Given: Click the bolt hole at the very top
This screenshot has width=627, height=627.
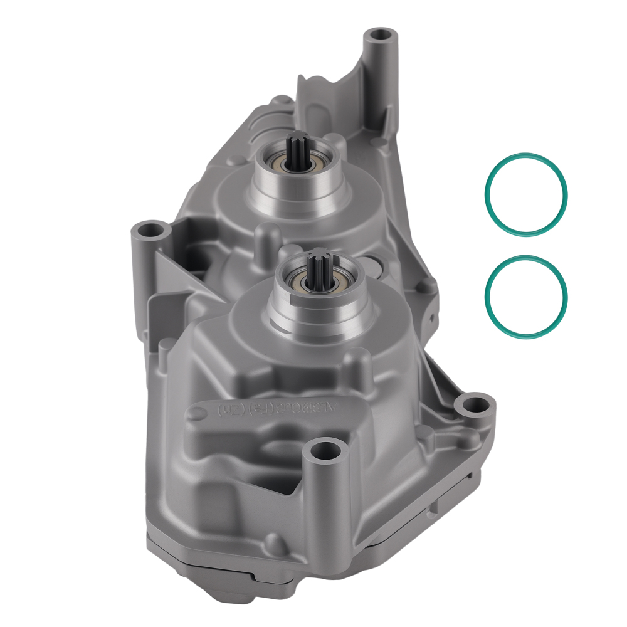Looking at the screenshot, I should (379, 34).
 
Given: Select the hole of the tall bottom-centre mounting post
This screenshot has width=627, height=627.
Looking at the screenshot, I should (324, 449).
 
